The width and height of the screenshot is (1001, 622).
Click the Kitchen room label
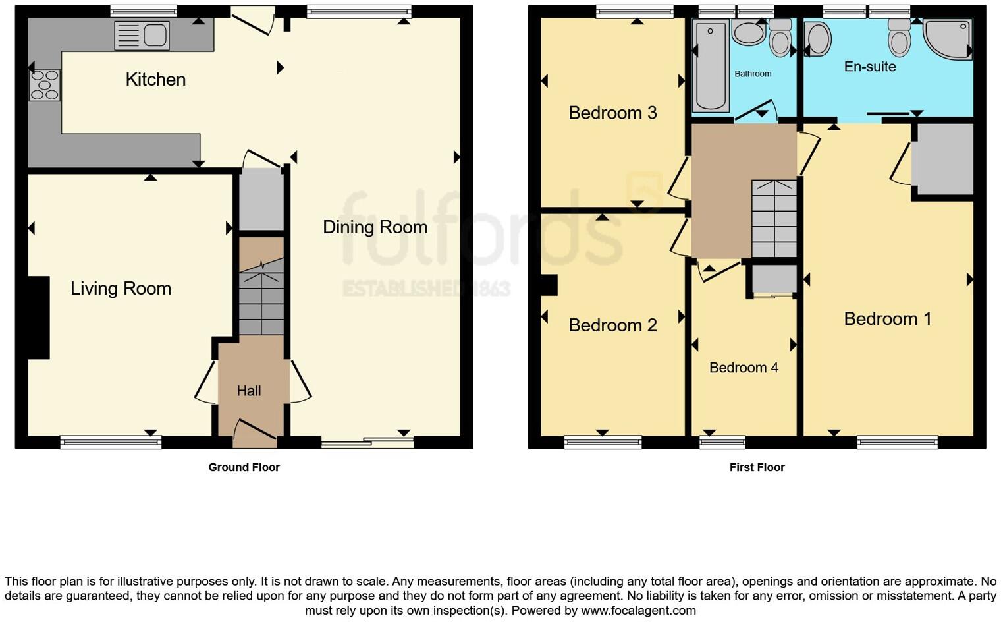click(155, 80)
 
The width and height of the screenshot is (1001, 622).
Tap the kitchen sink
click(142, 36)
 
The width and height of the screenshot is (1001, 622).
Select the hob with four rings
click(45, 85)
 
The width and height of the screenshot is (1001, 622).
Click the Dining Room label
click(375, 227)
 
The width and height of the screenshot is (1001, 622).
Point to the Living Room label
click(121, 289)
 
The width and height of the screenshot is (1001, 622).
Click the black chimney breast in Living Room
click(38, 318)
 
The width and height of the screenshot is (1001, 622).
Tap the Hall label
click(249, 391)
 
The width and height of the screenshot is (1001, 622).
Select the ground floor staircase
click(261, 297)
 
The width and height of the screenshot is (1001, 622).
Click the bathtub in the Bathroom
click(711, 66)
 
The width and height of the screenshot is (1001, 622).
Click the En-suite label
click(870, 67)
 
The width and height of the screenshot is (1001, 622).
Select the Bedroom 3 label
click(612, 113)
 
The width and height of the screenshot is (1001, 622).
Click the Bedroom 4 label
click(744, 368)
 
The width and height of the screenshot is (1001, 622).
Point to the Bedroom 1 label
click(887, 319)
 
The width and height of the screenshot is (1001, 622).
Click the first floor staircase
click(774, 219)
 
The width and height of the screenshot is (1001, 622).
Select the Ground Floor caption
click(244, 467)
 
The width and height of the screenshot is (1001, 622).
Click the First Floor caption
click(757, 467)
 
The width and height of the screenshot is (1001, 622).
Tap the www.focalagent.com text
click(638, 611)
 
